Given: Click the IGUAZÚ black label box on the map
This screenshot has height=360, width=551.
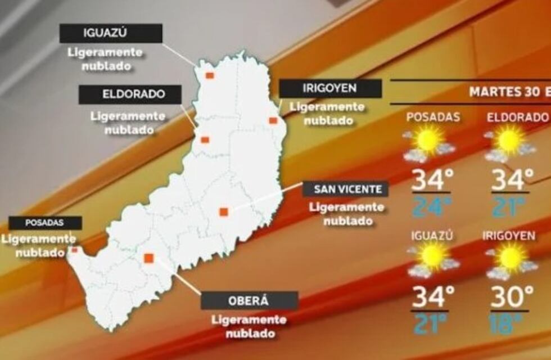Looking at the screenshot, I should coord(111,34).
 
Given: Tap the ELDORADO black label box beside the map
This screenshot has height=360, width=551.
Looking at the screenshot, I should coord(130,94).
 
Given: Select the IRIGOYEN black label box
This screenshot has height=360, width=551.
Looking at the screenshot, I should coord(331,88).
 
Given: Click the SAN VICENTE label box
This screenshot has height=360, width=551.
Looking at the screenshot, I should coord(346,188).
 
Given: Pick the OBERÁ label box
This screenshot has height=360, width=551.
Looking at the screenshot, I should coord(249,300).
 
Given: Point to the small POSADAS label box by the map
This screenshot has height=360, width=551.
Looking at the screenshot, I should coord(45,223).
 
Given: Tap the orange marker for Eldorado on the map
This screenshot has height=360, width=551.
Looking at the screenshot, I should coord(205,139).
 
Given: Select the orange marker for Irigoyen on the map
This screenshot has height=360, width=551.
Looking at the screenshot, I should coord(273,120).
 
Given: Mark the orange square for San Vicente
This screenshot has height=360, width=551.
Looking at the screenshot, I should coord(223,211).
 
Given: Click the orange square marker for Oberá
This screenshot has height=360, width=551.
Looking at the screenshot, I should coord(148,258).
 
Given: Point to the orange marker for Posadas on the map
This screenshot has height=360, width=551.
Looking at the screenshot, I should coord(74,249).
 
